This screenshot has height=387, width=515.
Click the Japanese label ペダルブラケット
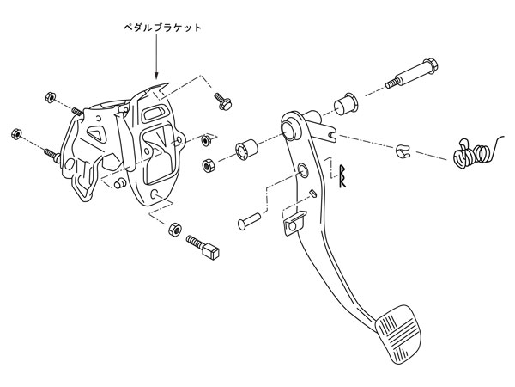click(x=161, y=28)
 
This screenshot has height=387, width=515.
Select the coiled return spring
click(x=474, y=154)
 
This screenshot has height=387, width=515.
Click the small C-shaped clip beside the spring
click(x=401, y=152)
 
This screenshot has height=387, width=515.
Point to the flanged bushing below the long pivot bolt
click(x=347, y=102)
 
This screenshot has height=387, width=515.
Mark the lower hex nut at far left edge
click(x=16, y=134)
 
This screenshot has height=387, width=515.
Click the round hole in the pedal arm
click(x=303, y=170)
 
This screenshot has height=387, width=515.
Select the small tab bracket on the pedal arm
click(x=291, y=220)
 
